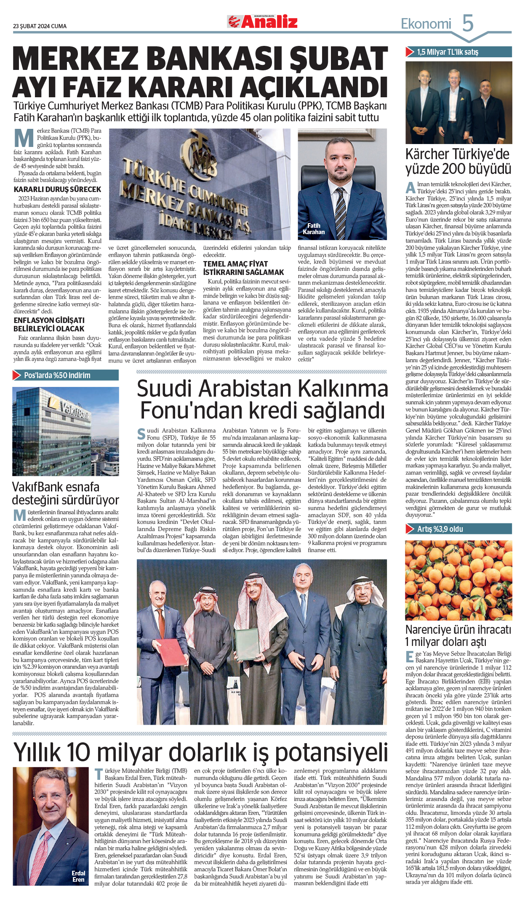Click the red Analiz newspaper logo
pos(263,21)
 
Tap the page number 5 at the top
pos(467,23)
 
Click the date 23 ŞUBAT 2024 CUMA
pos(40,26)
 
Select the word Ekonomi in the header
pos(426,24)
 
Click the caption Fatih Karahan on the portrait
pos(314,229)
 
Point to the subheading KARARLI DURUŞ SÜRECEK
pos(57,189)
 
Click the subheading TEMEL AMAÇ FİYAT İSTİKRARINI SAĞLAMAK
pos(243,268)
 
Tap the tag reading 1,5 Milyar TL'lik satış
pos(447,52)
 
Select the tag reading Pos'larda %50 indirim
pos(57,375)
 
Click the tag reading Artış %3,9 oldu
pos(440,529)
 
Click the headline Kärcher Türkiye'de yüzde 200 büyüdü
pos(458,161)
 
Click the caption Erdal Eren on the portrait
pos(78,876)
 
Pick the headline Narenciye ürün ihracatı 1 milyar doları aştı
pos(458,636)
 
